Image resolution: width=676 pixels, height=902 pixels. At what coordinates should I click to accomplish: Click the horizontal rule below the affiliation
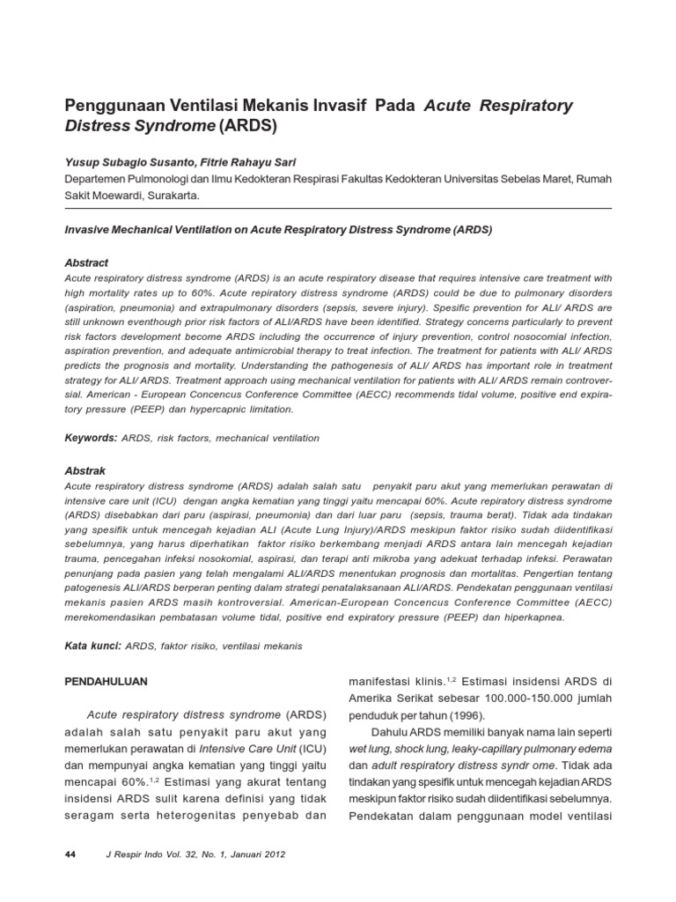338,209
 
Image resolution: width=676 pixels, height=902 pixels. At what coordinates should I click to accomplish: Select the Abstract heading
87,262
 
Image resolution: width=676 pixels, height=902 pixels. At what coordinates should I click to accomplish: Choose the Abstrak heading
85,471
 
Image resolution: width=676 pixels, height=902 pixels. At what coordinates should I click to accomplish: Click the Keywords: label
92,438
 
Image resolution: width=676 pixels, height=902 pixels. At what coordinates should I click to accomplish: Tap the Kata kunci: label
93,646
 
